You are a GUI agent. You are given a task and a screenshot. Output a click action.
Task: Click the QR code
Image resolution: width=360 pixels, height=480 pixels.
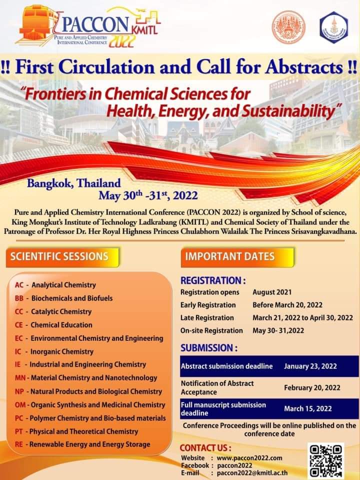coord(326,460)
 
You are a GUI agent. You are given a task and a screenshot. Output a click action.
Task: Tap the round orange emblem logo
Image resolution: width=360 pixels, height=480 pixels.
coord(288,25)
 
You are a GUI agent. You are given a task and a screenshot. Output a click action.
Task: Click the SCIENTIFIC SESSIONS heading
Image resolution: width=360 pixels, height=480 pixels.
coord(59,256)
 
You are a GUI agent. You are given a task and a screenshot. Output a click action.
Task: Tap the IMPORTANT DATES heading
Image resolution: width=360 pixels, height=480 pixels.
coord(230,256)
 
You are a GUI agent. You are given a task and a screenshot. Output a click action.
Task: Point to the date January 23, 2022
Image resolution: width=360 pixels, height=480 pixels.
coord(310,366)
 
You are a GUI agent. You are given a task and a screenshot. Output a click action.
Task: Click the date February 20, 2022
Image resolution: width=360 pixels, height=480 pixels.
coord(312,387)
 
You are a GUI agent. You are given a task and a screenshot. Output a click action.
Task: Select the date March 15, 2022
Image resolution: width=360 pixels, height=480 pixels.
coord(307,408)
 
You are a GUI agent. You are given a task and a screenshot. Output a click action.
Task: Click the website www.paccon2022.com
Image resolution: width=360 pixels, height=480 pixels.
coord(250,457)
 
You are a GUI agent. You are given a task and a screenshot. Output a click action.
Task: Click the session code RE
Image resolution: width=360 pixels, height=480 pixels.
coord(19,444)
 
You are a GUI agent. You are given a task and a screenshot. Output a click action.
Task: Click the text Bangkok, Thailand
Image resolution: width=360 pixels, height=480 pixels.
coord(73,183)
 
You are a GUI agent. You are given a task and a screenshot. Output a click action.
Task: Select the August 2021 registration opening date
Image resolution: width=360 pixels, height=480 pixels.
coord(272,292)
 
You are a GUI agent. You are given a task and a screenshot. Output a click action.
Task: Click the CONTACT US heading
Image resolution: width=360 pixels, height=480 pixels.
coord(205,447)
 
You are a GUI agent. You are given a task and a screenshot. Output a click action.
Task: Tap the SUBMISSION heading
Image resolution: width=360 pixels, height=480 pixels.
coord(208,347)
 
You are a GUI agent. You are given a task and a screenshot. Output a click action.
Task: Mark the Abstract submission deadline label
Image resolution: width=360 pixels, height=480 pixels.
coord(226,366)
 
